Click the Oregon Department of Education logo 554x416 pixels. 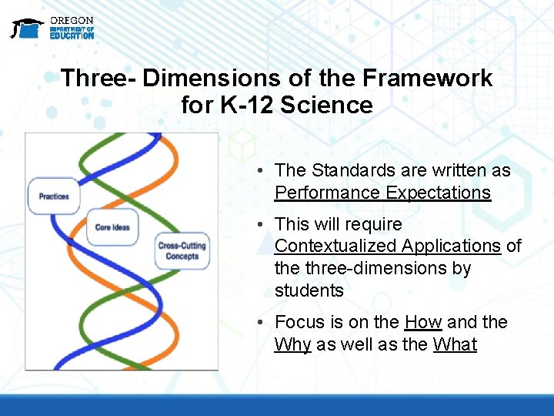click(x=52, y=28)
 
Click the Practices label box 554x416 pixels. click(x=53, y=196)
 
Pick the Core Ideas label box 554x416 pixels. click(x=113, y=227)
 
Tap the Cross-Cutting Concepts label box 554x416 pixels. click(x=182, y=251)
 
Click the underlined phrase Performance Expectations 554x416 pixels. click(x=382, y=193)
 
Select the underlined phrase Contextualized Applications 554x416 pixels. click(x=387, y=246)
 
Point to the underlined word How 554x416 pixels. click(x=422, y=322)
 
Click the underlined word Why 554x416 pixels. click(x=292, y=344)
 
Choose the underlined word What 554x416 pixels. click(x=455, y=344)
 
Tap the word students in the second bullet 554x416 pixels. click(x=309, y=290)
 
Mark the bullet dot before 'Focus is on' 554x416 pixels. click(x=262, y=323)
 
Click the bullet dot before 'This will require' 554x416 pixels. click(x=262, y=225)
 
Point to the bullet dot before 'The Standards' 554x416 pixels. click(x=262, y=171)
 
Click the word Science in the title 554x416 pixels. click(x=326, y=105)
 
